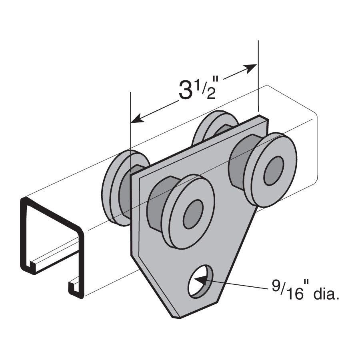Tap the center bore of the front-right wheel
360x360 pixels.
(274, 170)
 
